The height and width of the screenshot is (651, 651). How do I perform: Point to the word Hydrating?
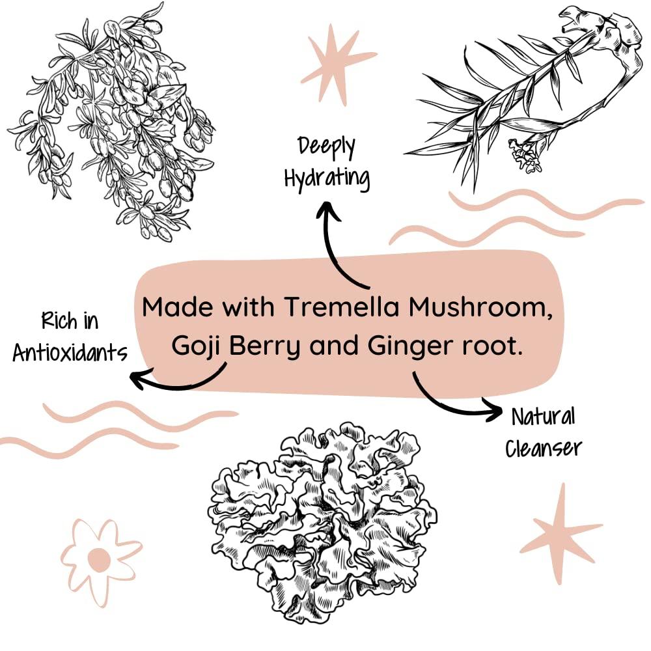[x=327, y=177]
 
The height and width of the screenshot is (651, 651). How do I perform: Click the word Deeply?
[x=327, y=146]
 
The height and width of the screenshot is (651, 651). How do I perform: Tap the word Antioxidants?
[x=69, y=352]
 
